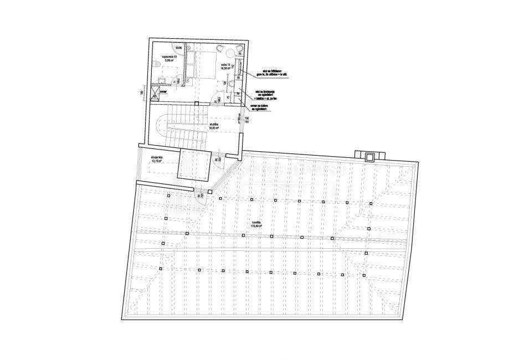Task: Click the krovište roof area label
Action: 255,224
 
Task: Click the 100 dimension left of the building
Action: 142,92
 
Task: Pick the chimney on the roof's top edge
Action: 368,155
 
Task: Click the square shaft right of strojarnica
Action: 192,163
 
